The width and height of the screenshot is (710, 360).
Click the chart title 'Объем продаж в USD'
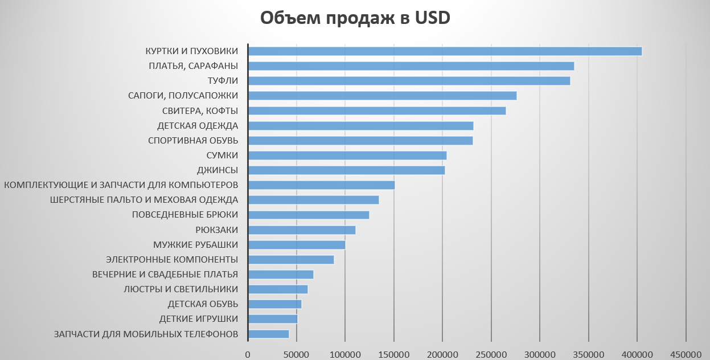[355, 18]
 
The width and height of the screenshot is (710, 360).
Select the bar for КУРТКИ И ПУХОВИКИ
[445, 51]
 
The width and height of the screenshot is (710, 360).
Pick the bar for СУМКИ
[347, 155]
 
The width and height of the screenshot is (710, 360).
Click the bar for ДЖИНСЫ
[347, 170]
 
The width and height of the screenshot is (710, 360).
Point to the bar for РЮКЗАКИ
[302, 230]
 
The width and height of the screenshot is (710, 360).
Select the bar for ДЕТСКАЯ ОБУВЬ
[275, 304]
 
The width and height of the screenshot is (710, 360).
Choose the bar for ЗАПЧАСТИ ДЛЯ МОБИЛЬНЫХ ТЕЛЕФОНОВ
[269, 334]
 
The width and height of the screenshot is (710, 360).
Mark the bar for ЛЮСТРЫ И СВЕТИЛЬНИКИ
[278, 289]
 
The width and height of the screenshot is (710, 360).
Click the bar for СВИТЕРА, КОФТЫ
[377, 111]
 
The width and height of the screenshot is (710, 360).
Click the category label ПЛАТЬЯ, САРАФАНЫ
[193, 66]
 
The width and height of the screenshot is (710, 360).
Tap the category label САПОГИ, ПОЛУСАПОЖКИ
[183, 96]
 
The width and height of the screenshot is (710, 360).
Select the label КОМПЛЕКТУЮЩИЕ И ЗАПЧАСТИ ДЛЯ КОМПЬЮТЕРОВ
[121, 185]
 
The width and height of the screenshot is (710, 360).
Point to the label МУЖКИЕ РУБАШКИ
[195, 245]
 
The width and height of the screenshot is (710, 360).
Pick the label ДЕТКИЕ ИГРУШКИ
[198, 319]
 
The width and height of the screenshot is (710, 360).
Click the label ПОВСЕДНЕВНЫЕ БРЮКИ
[184, 215]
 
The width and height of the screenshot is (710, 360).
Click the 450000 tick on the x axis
[686, 354]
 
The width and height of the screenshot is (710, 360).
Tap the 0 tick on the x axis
[248, 354]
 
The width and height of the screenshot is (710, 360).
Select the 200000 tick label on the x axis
[442, 354]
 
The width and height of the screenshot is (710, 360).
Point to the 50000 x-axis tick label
[296, 354]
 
